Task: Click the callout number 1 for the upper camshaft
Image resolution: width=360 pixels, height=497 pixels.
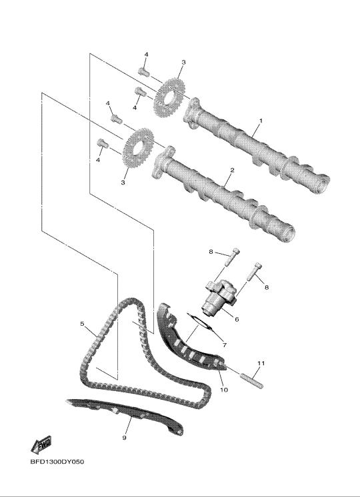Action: point(261,121)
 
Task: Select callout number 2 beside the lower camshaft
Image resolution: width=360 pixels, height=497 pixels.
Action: point(232,170)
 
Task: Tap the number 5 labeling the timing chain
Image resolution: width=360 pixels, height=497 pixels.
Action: point(82,324)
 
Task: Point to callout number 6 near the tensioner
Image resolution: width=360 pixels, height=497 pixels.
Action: point(237,319)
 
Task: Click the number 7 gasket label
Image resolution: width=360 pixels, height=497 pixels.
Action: point(225,345)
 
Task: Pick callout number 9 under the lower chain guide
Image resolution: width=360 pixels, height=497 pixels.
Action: point(125,438)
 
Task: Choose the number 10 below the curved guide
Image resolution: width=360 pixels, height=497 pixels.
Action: point(224,390)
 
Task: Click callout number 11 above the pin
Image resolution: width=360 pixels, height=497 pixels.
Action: point(261,363)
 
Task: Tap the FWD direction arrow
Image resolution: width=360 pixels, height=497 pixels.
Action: point(41,444)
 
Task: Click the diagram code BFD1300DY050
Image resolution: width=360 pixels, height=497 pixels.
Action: point(57,462)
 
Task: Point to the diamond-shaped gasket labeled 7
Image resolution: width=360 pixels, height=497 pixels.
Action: point(201,324)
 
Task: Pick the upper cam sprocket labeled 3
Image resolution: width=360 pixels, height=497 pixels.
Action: point(169,96)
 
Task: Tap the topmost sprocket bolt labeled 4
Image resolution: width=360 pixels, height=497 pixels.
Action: point(144,72)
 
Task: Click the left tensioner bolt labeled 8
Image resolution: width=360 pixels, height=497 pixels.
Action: point(233,257)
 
